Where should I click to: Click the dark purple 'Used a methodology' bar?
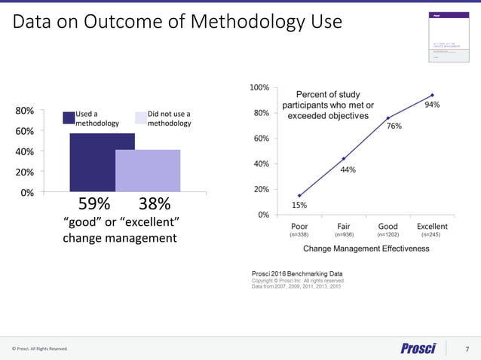pyautogui.click(x=92, y=163)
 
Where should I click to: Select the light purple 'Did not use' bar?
pyautogui.click(x=148, y=171)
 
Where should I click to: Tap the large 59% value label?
pyautogui.click(x=95, y=204)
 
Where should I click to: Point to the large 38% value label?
pyautogui.click(x=155, y=204)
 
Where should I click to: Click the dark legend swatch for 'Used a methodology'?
pyautogui.click(x=68, y=117)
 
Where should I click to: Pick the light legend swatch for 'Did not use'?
pyautogui.click(x=140, y=117)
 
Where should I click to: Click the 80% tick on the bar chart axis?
pyautogui.click(x=24, y=111)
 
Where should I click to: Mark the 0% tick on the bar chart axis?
pyautogui.click(x=26, y=192)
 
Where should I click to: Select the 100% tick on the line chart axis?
pyautogui.click(x=259, y=88)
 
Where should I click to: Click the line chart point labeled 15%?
pyautogui.click(x=299, y=196)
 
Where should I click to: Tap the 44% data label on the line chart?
pyautogui.click(x=348, y=170)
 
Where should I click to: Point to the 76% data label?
pyautogui.click(x=394, y=127)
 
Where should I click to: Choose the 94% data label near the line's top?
pyautogui.click(x=432, y=105)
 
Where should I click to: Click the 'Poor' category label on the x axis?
pyautogui.click(x=299, y=226)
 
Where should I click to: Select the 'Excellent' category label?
pyautogui.click(x=432, y=226)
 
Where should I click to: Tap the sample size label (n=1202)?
pyautogui.click(x=388, y=235)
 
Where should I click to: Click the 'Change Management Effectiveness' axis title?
pyautogui.click(x=366, y=249)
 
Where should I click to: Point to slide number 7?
pyautogui.click(x=467, y=349)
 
